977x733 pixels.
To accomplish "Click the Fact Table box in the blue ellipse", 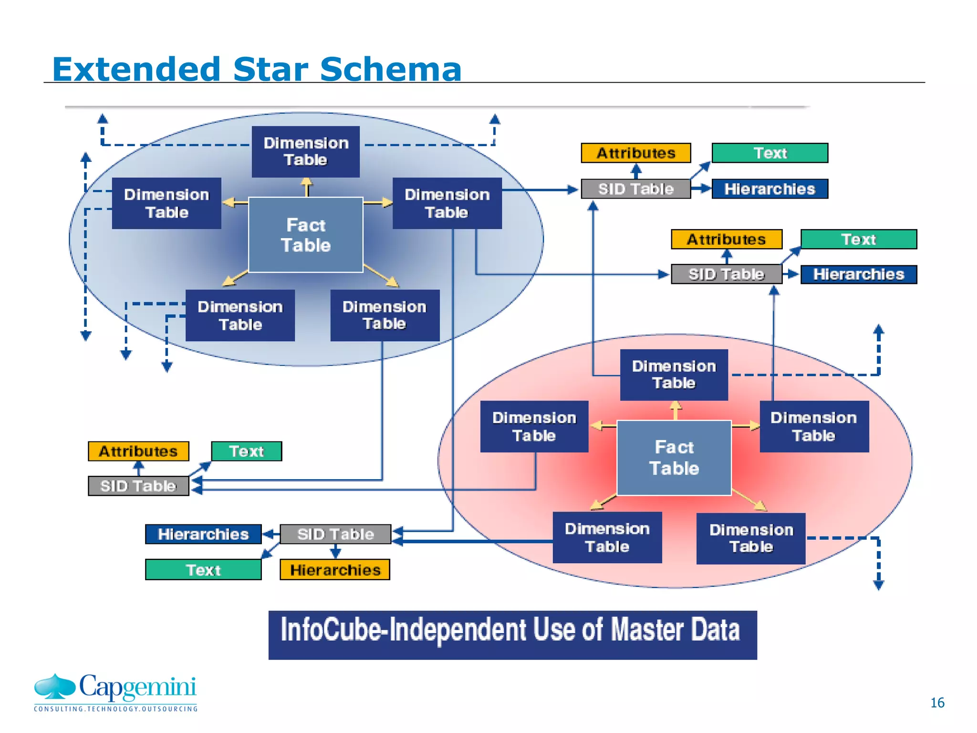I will point(305,235).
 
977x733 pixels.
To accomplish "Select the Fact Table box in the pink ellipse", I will point(674,458).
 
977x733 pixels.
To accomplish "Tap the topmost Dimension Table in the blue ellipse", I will point(305,151).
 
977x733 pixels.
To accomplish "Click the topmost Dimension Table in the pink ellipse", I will point(674,375).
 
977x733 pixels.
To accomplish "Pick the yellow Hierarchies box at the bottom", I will point(335,570).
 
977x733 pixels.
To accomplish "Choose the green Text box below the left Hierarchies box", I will point(203,570).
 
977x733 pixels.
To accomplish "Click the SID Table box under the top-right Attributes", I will point(635,189).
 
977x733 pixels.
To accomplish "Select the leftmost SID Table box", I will point(138,486).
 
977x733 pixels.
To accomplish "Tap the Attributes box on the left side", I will point(138,451).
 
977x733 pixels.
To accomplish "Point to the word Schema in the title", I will point(390,69).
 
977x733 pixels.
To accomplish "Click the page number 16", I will point(937,702).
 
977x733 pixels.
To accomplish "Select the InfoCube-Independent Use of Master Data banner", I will point(512,635).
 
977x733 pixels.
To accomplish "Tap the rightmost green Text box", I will point(858,239).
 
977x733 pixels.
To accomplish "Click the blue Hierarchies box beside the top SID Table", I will point(769,189).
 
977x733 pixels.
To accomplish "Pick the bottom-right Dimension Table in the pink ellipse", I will point(751,538).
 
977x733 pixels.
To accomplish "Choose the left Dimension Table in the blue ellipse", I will point(166,203).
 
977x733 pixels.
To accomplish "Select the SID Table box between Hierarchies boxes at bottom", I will point(335,534).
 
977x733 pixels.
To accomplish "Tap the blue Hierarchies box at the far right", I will point(858,274).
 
